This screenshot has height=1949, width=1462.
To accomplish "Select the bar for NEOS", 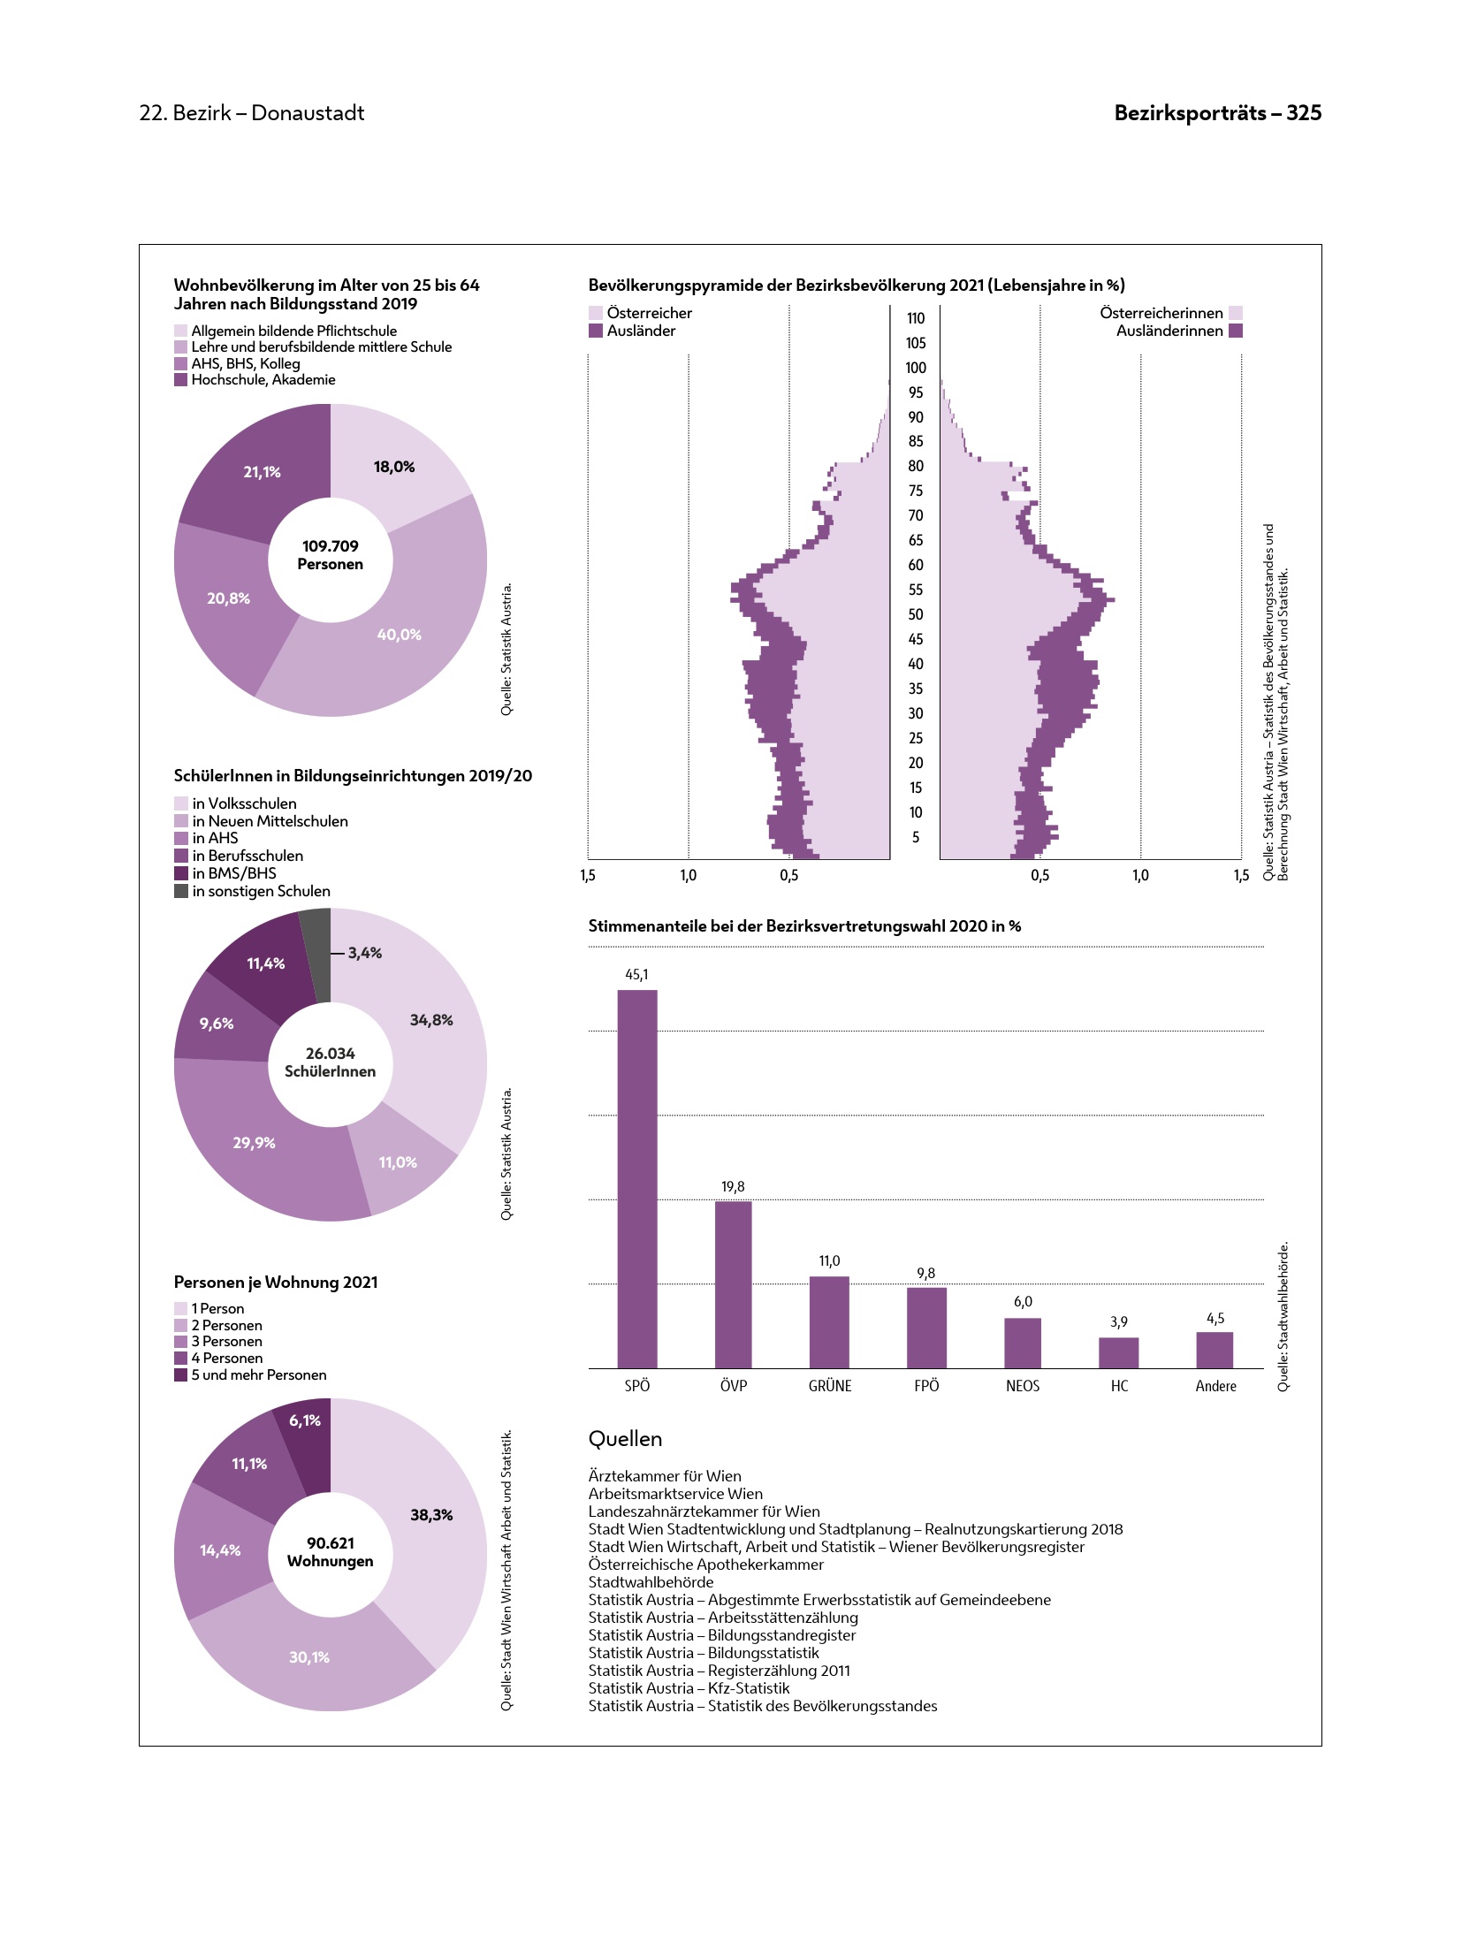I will pos(1022,1343).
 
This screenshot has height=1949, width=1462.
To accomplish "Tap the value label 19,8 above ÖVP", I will pos(733,1186).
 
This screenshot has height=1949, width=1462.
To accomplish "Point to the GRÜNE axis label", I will pos(829,1386).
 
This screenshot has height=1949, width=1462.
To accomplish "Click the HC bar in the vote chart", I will pos(1118,1352).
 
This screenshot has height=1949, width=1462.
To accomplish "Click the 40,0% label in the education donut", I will pos(399,635).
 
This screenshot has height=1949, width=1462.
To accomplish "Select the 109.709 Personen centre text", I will pos(330,555).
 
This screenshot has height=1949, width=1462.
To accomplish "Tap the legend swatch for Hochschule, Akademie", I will pos(180,380).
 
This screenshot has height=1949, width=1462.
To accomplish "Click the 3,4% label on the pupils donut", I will pos(364,953).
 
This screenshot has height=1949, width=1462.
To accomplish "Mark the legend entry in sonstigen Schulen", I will pos(261,891).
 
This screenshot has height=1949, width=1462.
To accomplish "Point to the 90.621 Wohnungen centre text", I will pos(330,1552).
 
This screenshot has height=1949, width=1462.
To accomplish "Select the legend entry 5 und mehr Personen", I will pos(258,1374).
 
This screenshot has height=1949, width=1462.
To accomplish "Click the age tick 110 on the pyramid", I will pos(915,318).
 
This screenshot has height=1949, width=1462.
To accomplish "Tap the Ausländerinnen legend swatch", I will pos(1235,331).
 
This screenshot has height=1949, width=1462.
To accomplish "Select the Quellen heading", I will pos(625,1439).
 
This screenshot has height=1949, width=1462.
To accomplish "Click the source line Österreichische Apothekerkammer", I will pos(705,1565).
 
